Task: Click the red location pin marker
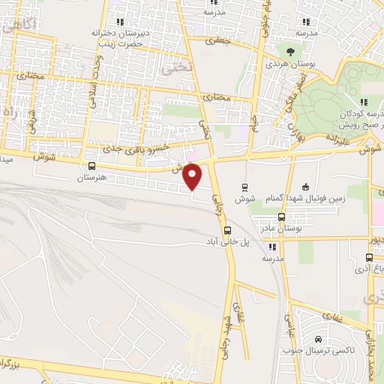coord(193,176)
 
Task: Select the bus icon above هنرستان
coord(92,166)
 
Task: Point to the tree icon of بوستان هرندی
coord(289,51)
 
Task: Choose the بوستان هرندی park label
coord(289,64)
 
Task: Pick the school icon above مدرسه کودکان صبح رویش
coord(362,102)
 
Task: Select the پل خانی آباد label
coord(228,243)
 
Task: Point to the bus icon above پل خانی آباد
coord(228,231)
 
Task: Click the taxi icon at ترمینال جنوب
coord(319,339)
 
